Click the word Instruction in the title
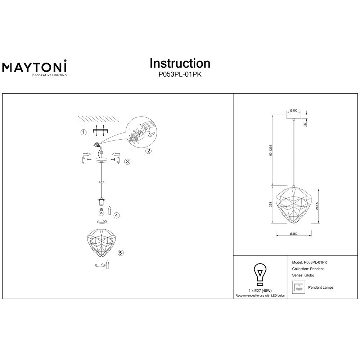pos(180,63)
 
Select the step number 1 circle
pos(84,132)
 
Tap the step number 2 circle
pos(149,150)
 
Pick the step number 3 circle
pos(127,162)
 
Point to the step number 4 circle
pos(117,215)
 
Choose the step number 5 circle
pos(121,253)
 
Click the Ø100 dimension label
pos(294,111)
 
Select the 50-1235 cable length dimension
pos(271,150)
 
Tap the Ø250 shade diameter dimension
pos(294,234)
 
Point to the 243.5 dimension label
pos(317,206)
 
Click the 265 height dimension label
pos(271,204)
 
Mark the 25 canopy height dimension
pos(305,125)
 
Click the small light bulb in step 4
pos(101,211)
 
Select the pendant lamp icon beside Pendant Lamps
pos(298,287)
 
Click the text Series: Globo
pos(303,275)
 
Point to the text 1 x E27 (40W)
pos(260,291)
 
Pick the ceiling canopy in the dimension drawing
pos(294,117)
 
